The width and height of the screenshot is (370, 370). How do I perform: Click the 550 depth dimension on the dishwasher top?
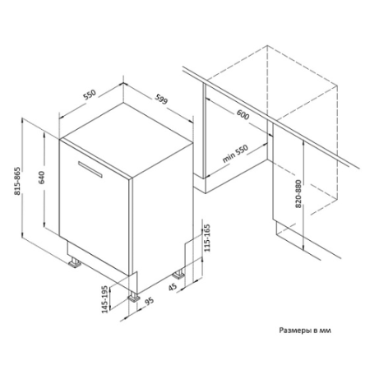click(x=90, y=95)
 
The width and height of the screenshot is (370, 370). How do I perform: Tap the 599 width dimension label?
click(x=161, y=99)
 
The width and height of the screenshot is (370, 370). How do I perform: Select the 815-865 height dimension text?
click(x=17, y=181)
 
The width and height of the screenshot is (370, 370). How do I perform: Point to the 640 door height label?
click(x=41, y=178)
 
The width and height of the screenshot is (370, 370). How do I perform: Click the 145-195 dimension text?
click(x=105, y=299)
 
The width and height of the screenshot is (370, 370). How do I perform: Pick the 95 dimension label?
click(x=150, y=301)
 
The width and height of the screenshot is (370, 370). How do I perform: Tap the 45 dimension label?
click(x=173, y=287)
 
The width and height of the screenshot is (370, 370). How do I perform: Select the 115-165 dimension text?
click(x=207, y=238)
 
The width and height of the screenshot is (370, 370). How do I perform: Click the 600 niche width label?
click(x=243, y=114)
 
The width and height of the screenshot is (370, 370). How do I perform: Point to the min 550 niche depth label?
click(x=235, y=154)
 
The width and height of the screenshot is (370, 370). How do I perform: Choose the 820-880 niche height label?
click(x=298, y=193)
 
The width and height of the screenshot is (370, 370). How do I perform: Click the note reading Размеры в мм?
click(x=305, y=331)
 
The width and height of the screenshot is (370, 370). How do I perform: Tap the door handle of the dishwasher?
click(x=90, y=169)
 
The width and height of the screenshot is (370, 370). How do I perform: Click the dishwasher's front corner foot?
click(x=134, y=297)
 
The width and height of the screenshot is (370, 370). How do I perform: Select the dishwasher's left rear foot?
click(x=75, y=262)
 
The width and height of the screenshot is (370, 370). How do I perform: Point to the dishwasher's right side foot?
click(x=178, y=275)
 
